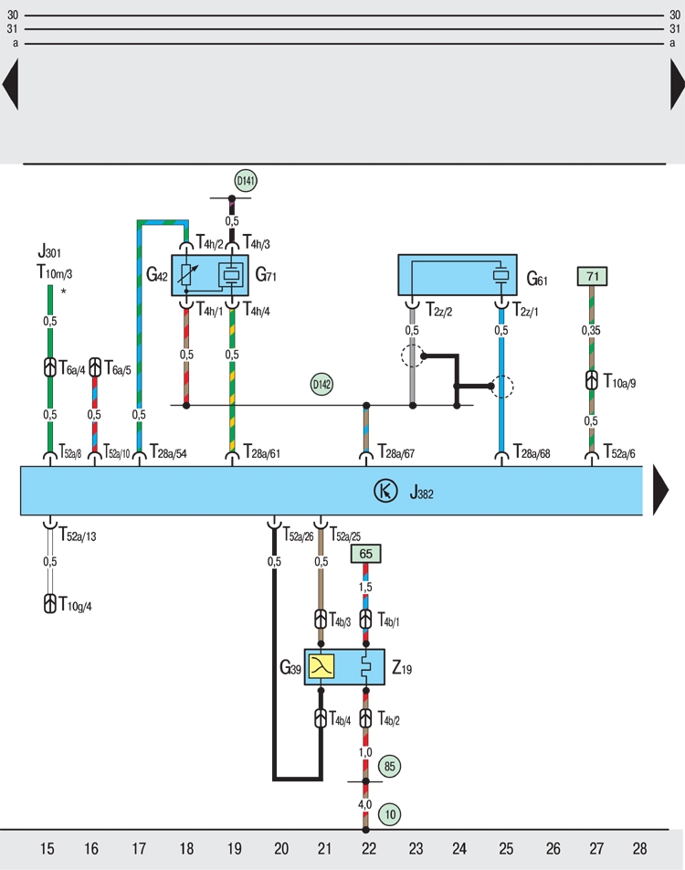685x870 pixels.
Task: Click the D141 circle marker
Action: tap(245, 181)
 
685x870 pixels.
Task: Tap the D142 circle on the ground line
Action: tap(321, 385)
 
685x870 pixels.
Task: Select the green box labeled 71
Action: tap(592, 276)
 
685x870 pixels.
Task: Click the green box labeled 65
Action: tap(365, 554)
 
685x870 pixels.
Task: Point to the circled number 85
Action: tap(390, 767)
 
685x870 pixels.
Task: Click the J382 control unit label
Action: tap(421, 493)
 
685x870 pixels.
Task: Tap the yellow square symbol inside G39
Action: tap(321, 667)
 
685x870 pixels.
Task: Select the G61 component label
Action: tap(536, 276)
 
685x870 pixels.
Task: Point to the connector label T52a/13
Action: tap(78, 536)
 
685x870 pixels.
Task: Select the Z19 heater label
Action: tap(402, 669)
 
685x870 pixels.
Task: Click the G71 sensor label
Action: tap(266, 272)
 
